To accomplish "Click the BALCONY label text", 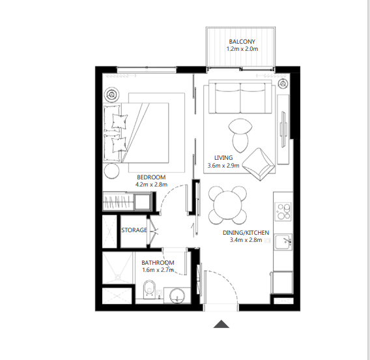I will pyautogui.click(x=242, y=41).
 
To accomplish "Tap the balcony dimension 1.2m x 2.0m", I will pyautogui.click(x=242, y=49).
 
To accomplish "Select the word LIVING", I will pyautogui.click(x=223, y=157).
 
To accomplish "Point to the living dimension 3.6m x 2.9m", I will pyautogui.click(x=223, y=166).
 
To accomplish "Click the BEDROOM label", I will pyautogui.click(x=150, y=177).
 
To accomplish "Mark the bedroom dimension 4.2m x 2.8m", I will pyautogui.click(x=150, y=185).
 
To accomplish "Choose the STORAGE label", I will pyautogui.click(x=134, y=230).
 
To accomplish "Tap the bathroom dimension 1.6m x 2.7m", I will pyautogui.click(x=158, y=271).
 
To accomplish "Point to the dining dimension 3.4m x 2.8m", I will pyautogui.click(x=245, y=240).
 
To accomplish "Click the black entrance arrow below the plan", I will pyautogui.click(x=223, y=324).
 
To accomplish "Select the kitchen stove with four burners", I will pyautogui.click(x=283, y=211).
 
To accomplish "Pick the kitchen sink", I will pyautogui.click(x=284, y=242).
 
